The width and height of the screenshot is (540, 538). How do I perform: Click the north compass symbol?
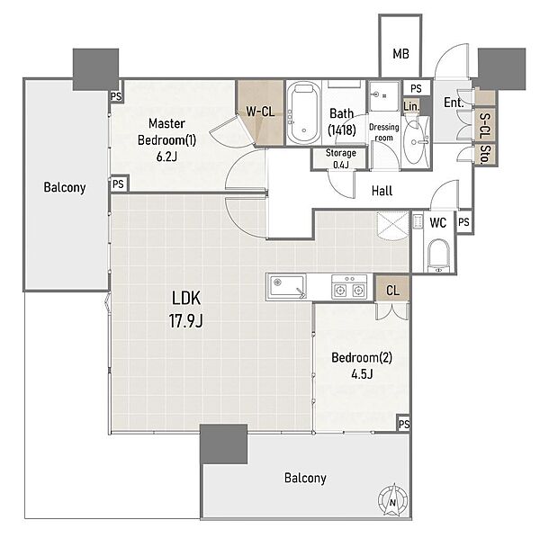392,499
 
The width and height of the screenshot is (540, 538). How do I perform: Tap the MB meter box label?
400,54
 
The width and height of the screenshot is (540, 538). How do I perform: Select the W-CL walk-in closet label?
260,112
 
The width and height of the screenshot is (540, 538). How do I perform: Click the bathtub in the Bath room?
303,113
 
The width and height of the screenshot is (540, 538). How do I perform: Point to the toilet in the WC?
438,256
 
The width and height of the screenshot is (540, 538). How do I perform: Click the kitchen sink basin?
287,286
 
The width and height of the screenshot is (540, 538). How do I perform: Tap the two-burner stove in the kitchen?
349,287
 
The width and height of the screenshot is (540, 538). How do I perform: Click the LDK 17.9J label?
186,309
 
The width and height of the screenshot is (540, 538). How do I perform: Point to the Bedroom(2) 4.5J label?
362,365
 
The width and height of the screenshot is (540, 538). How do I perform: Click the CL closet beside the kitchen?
392,290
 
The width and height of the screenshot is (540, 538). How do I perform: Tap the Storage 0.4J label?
340,158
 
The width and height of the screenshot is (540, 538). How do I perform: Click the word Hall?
382,191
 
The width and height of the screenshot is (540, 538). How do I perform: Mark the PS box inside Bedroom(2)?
403,424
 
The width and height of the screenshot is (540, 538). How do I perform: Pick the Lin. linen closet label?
411,107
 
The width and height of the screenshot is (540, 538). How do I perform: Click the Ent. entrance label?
454,103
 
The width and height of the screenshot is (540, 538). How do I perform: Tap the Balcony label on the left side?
65,188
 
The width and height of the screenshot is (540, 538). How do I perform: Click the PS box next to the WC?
463,222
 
